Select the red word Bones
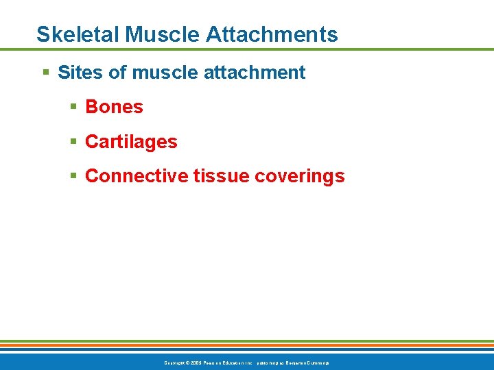tap(114, 107)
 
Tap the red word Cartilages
tap(131, 142)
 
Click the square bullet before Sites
tap(45, 73)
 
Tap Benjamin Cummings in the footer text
tap(307, 362)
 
